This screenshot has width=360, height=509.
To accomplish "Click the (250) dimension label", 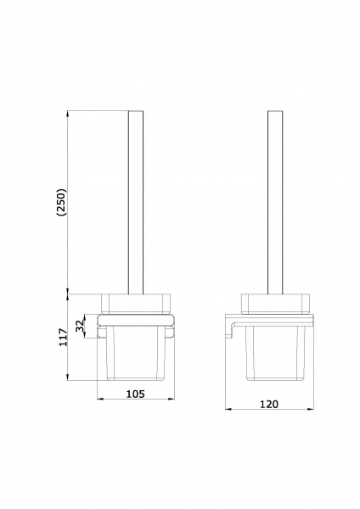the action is coord(61,202).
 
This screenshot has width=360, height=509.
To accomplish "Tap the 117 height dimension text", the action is coord(63,338).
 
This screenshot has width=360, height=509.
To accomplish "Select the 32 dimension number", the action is coord(80,326).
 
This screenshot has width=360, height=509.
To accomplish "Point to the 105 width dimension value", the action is coord(135,394).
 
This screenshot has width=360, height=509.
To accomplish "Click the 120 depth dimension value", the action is coord(269,404).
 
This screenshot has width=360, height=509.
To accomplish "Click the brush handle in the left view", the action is coord(136,203).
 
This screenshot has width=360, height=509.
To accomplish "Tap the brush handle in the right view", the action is coord(275,203).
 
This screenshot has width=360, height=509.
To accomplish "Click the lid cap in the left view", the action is coord(136,305).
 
